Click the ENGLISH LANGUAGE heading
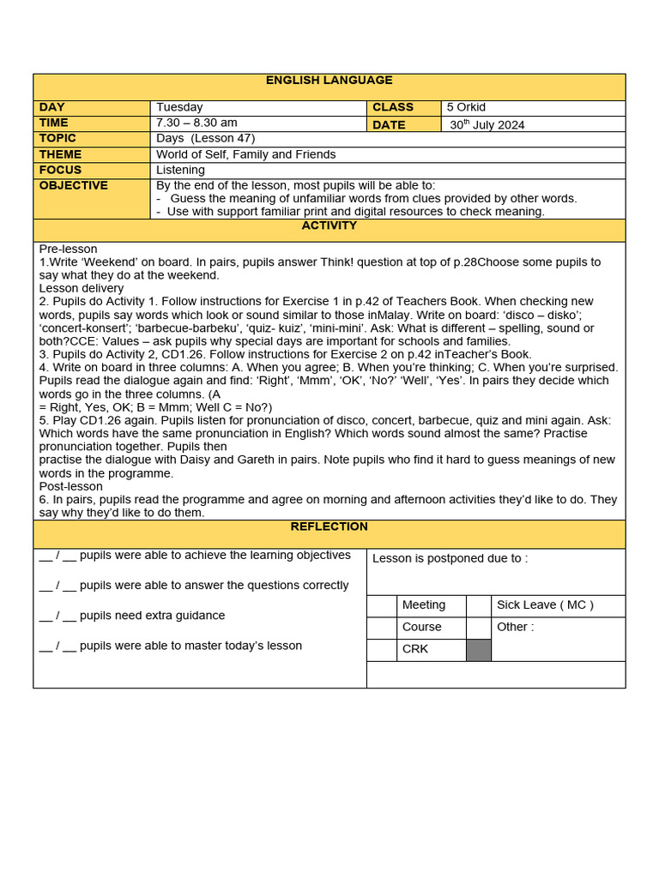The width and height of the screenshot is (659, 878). pyautogui.click(x=329, y=81)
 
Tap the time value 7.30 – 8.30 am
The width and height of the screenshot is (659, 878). pyautogui.click(x=196, y=123)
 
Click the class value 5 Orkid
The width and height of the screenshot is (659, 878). pyautogui.click(x=466, y=107)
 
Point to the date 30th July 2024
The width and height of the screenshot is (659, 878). pyautogui.click(x=487, y=124)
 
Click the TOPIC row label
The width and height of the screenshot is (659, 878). pyautogui.click(x=57, y=138)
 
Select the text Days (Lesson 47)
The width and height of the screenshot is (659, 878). pyautogui.click(x=205, y=138)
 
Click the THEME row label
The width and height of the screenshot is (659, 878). pyautogui.click(x=60, y=154)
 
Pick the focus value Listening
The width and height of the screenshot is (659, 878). pyautogui.click(x=180, y=170)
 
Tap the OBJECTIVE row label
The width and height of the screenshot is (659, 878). pyautogui.click(x=74, y=185)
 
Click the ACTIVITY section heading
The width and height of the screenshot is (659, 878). pyautogui.click(x=329, y=226)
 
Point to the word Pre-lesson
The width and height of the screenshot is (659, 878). pyautogui.click(x=69, y=249)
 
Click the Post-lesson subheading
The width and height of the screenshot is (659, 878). pyautogui.click(x=71, y=486)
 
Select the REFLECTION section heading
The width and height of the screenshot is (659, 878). pyautogui.click(x=329, y=526)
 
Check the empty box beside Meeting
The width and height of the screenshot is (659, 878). pyautogui.click(x=382, y=605)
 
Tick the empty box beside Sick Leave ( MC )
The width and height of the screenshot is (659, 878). pyautogui.click(x=478, y=605)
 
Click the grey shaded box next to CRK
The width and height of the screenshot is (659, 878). pyautogui.click(x=478, y=650)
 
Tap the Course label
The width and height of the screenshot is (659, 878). pyautogui.click(x=422, y=627)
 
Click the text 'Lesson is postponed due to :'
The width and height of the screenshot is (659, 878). pyautogui.click(x=450, y=558)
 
